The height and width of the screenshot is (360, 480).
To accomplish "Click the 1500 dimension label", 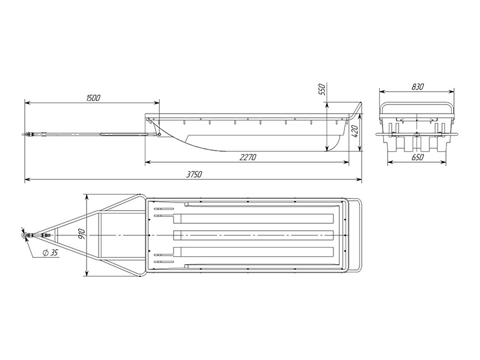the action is click(x=93, y=98).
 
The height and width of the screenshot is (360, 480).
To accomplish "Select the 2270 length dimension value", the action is click(x=248, y=157).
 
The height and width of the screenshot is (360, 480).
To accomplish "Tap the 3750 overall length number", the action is click(x=194, y=174).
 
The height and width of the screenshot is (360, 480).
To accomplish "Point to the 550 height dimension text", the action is click(x=322, y=89).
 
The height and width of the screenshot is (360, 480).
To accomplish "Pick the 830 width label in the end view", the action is click(x=418, y=87).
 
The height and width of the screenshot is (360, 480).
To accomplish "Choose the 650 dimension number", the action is click(x=418, y=157).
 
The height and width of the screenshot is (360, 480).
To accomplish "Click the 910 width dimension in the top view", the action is click(x=82, y=235).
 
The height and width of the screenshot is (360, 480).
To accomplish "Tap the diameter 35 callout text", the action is click(x=51, y=253).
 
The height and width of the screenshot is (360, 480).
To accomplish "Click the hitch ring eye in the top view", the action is click(x=24, y=235).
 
